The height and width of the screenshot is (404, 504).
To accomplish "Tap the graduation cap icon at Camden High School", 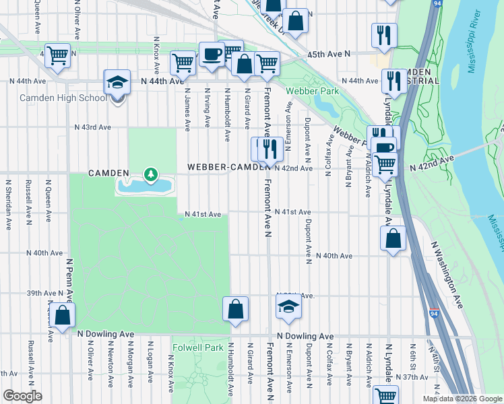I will click(x=117, y=83).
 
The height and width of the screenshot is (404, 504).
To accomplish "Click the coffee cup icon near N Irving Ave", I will click(x=212, y=54).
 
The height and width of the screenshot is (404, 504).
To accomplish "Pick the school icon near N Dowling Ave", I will click(x=288, y=308).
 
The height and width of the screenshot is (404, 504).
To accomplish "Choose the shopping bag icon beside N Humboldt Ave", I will click(x=236, y=309).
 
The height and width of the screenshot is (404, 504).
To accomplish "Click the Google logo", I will click(x=22, y=396).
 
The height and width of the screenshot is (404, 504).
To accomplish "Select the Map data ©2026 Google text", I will click(x=462, y=399).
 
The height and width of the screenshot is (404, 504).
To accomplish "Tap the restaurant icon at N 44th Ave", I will click(x=392, y=81).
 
